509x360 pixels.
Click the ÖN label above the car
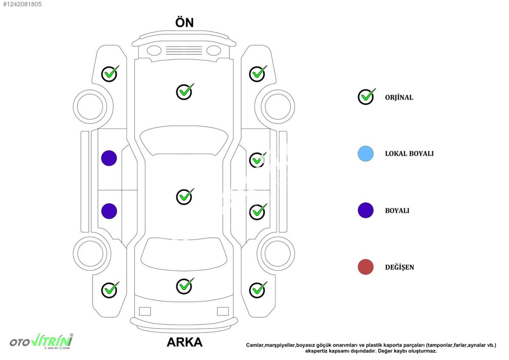coord(184,22)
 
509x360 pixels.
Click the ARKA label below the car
coord(185,342)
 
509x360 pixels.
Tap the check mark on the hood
coord(185,92)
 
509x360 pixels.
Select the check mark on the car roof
coord(185,196)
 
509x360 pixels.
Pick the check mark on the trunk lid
coord(185,286)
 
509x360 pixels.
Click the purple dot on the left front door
coord(109,158)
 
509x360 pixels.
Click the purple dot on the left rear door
coord(109,211)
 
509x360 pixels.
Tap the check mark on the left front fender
coord(110,74)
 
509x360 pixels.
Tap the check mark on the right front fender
coord(258,74)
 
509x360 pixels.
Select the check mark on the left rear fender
coord(110,290)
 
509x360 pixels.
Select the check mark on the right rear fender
coord(258,290)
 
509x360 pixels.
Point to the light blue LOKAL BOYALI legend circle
coord(366,153)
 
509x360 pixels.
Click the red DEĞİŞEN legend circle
coord(366,267)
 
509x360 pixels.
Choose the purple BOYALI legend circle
coord(366,210)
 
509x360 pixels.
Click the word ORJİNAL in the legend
coord(399,98)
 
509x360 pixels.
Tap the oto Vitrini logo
coord(42,341)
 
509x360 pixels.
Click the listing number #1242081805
coord(22,4)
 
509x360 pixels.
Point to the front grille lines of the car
coord(184,50)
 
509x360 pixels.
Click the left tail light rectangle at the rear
coord(145,311)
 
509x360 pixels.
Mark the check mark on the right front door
coord(258,160)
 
